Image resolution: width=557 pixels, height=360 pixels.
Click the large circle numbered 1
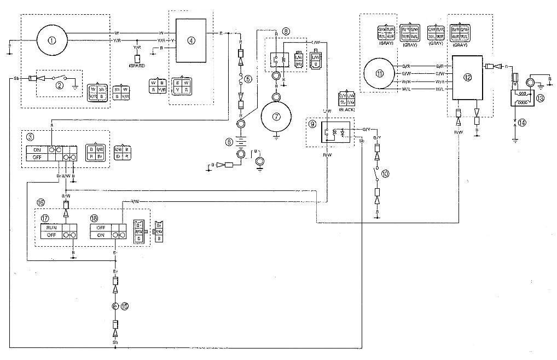[51, 39]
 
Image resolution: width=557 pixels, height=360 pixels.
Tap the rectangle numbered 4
[190, 40]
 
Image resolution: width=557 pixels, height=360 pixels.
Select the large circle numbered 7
[277, 117]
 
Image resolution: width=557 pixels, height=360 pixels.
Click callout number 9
[312, 124]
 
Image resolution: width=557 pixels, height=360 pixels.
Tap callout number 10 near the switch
[385, 173]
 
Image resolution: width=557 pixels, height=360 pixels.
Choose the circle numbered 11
[380, 74]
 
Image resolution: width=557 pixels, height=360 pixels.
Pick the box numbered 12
[467, 77]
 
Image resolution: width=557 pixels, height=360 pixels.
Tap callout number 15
[125, 305]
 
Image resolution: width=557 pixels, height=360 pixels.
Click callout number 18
[94, 217]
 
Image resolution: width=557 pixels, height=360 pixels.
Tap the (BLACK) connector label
[347, 109]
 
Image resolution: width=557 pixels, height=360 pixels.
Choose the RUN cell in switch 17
[51, 227]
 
